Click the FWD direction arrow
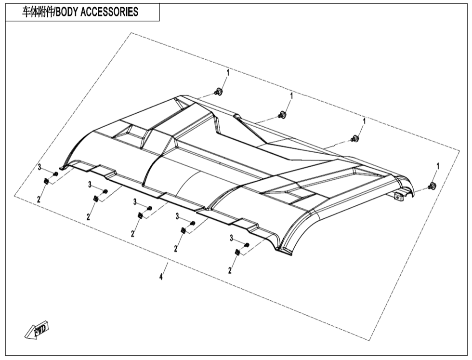pos(37,330)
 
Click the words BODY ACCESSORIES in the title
pos(97,12)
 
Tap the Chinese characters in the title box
pos(38,12)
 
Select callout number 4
pos(161,277)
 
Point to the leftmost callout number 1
pos(228,73)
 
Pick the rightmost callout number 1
pos(438,166)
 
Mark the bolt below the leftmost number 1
pos(218,92)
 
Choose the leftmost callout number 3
pos(39,168)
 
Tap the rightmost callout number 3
pos(232,238)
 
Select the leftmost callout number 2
pos(39,199)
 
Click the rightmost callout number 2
pos(230,270)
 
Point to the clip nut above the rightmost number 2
pos(237,253)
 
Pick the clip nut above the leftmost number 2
pos(46,181)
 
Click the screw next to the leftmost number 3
pos(55,174)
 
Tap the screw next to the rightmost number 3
pos(247,245)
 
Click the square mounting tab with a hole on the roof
pos(399,197)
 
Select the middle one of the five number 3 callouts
pos(135,202)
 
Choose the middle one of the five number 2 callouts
pos(132,233)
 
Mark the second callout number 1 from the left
pos(291,96)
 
